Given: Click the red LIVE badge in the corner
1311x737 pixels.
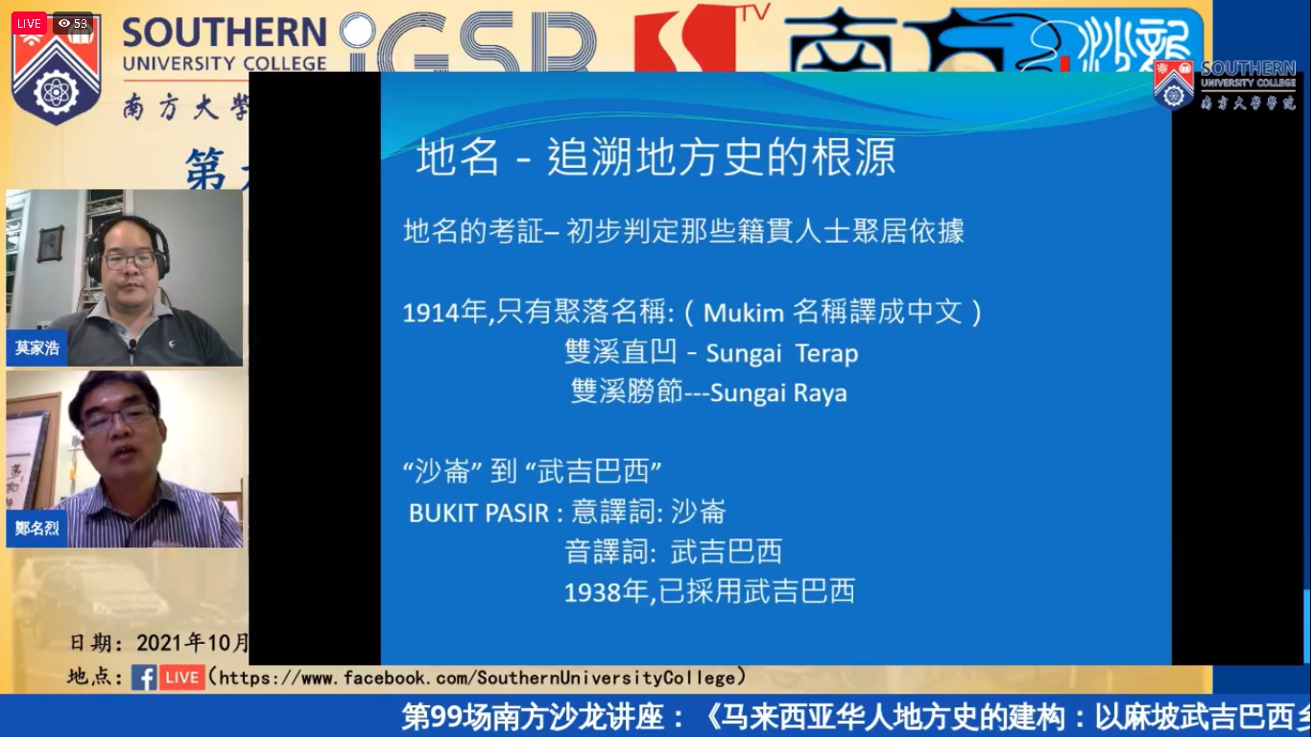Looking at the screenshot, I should [x=29, y=23].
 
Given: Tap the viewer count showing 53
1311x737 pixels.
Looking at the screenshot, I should [x=73, y=23].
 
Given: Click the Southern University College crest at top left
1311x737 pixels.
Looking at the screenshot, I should [x=56, y=73].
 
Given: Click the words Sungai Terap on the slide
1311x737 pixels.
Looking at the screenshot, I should [x=781, y=353].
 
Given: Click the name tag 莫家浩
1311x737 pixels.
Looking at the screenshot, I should [x=36, y=347].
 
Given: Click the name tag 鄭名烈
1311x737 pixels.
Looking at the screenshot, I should [x=36, y=528].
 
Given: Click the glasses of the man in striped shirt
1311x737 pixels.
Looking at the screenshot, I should [x=118, y=417].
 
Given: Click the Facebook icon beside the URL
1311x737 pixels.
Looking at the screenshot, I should [x=144, y=678].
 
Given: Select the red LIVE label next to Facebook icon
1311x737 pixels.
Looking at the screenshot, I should [x=181, y=678].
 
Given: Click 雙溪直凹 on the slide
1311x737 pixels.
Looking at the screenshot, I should [x=622, y=353].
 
